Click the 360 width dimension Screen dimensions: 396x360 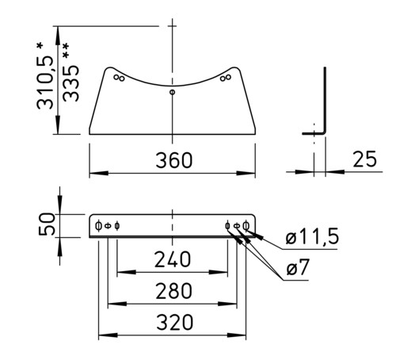click(x=174, y=160)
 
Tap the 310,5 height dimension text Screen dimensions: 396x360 click(x=45, y=82)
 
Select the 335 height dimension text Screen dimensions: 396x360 click(x=70, y=83)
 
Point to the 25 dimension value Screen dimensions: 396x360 click(x=364, y=159)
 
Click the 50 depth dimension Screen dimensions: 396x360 click(x=47, y=224)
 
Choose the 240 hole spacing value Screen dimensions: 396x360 click(x=173, y=259)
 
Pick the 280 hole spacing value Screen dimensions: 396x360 click(x=173, y=291)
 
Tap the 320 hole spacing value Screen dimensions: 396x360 click(x=174, y=322)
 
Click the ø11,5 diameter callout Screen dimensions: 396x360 click(x=312, y=236)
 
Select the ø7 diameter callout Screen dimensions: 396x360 click(x=298, y=267)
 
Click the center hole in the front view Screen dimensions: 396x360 click(x=172, y=92)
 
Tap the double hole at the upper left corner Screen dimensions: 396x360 click(x=119, y=78)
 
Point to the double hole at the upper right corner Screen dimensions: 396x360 click(x=226, y=78)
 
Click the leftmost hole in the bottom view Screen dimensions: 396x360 click(x=98, y=226)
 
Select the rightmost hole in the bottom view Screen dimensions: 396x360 click(x=246, y=226)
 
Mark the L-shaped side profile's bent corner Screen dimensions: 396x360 click(x=324, y=132)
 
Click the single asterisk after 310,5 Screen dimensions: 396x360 click(x=40, y=47)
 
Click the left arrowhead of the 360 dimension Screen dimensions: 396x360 click(x=99, y=174)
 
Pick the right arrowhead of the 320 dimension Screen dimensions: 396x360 click(x=237, y=335)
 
